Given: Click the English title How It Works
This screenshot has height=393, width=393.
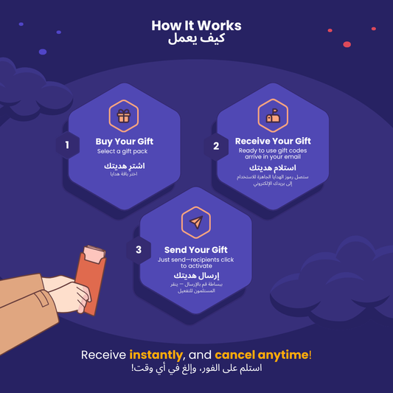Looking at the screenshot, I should click(x=196, y=26).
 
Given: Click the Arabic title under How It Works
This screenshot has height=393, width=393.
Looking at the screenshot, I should click(x=196, y=40).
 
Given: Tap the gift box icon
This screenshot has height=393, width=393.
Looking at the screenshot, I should click(x=124, y=116).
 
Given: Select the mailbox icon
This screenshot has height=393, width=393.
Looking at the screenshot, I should click(x=273, y=116).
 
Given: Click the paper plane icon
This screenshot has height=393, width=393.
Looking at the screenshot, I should click(x=196, y=223).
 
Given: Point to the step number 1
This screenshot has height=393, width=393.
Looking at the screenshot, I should click(x=67, y=145).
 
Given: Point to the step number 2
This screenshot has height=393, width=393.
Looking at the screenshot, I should click(x=216, y=146).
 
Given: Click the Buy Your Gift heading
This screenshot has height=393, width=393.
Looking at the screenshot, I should click(x=125, y=142).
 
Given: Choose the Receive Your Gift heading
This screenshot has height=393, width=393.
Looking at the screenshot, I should click(x=273, y=141).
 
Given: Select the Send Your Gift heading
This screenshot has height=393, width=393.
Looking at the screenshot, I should click(x=196, y=250).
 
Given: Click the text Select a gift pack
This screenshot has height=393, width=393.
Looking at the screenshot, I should click(x=122, y=152).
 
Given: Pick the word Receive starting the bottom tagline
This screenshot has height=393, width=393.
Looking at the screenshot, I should click(x=103, y=355).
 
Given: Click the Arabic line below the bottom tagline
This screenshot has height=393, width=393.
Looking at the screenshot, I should click(x=196, y=368).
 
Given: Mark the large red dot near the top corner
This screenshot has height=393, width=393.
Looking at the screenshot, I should click(x=347, y=44).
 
